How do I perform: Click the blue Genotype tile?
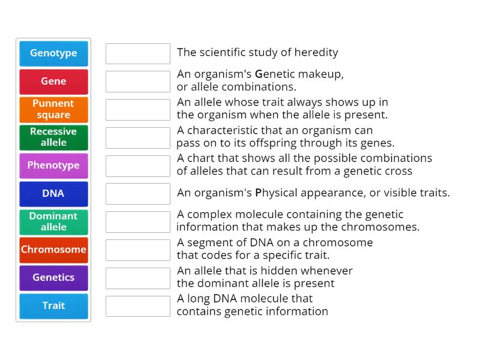click(53, 53)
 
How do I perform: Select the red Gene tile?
click(53, 81)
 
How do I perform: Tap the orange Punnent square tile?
click(53, 109)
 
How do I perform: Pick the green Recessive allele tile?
click(53, 137)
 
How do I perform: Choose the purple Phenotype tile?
click(53, 165)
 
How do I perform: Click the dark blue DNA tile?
click(53, 193)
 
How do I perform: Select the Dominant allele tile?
click(53, 221)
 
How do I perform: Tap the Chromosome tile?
click(53, 250)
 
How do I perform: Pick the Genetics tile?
click(53, 277)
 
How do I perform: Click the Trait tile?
click(53, 305)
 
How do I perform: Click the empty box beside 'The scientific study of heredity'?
click(138, 53)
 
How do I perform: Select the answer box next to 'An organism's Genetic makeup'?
click(138, 82)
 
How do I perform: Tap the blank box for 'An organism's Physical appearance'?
click(138, 194)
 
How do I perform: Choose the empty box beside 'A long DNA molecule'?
click(138, 306)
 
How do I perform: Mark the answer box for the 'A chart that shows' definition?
click(138, 166)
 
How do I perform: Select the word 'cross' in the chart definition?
click(399, 171)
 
